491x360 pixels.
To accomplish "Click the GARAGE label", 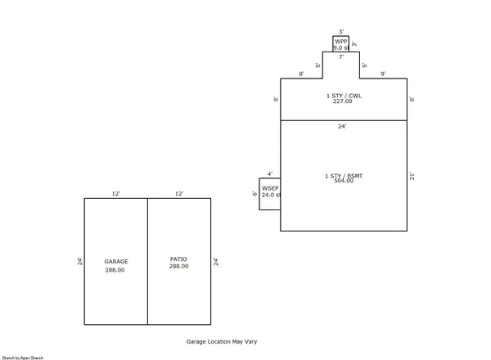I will pyautogui.click(x=115, y=262).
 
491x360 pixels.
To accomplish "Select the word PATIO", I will pyautogui.click(x=178, y=259).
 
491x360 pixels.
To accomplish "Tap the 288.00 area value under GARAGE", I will pyautogui.click(x=115, y=270).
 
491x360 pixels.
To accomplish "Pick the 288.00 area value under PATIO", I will pyautogui.click(x=178, y=267).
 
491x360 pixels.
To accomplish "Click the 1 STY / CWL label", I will pyautogui.click(x=344, y=96).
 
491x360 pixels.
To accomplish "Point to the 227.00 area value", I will pyautogui.click(x=343, y=102).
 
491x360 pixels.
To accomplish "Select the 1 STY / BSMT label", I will pyautogui.click(x=344, y=175).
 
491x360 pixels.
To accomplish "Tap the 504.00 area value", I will pyautogui.click(x=344, y=181).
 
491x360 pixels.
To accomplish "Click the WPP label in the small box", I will pyautogui.click(x=340, y=41).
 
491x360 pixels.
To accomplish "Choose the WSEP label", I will pyautogui.click(x=271, y=189).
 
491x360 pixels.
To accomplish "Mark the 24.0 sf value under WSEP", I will pyautogui.click(x=271, y=196).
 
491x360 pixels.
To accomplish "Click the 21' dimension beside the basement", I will pyautogui.click(x=412, y=175).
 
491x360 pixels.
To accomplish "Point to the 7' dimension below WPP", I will pyautogui.click(x=340, y=57).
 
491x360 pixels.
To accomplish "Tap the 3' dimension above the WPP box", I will pyautogui.click(x=340, y=31).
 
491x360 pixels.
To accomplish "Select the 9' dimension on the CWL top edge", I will pyautogui.click(x=383, y=74).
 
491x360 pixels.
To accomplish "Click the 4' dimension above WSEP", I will pyautogui.click(x=270, y=174).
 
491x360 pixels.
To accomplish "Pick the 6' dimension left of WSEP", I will pyautogui.click(x=255, y=194).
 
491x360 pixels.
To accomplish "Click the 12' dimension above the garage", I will pyautogui.click(x=116, y=194).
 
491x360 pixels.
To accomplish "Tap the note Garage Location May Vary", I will pyautogui.click(x=222, y=341).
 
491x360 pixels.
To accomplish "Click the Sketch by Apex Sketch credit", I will pyautogui.click(x=22, y=358).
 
